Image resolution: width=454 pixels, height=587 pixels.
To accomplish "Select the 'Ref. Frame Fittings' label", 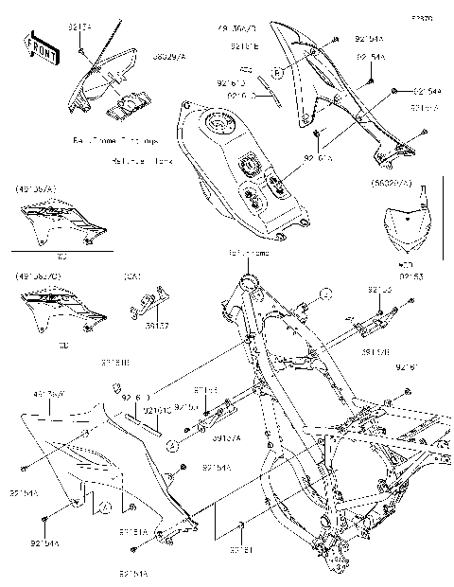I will (114, 139).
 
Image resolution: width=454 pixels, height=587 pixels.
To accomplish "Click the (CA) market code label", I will (131, 276).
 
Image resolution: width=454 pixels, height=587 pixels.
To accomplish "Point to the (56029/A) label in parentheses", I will (392, 183).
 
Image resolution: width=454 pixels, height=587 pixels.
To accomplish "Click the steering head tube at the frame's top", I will (251, 281).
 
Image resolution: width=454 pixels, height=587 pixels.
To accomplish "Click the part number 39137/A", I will (225, 437).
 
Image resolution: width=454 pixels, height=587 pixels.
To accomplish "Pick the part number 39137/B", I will (376, 351).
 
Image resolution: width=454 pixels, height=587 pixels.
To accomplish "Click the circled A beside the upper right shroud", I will (277, 72).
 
